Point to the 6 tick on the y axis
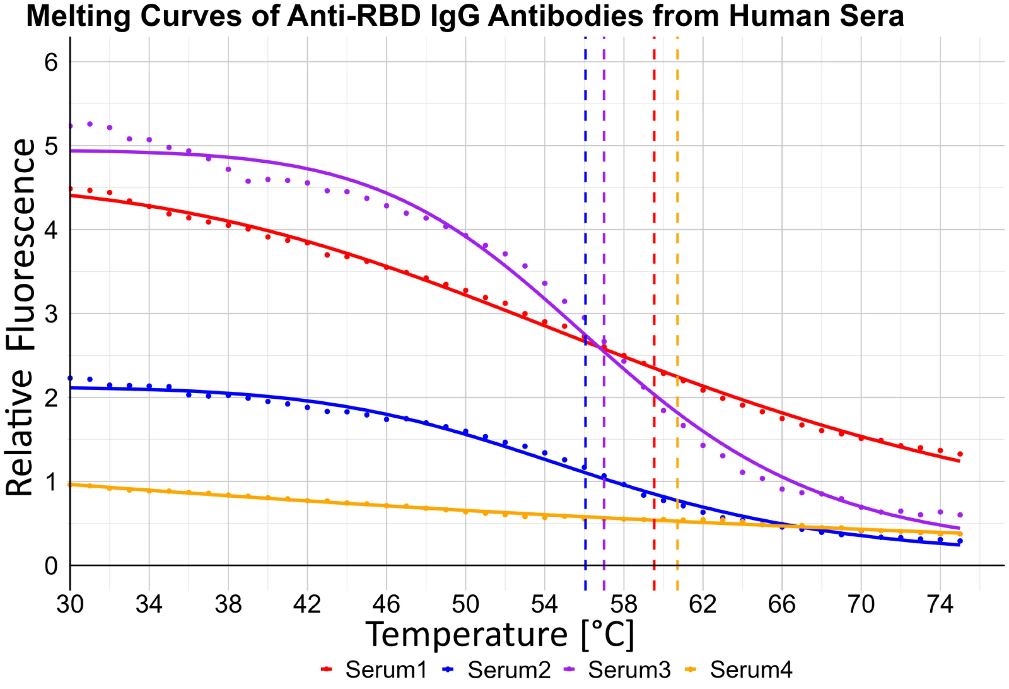pyautogui.click(x=51, y=62)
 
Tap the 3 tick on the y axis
pyautogui.click(x=51, y=314)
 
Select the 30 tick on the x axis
pyautogui.click(x=70, y=604)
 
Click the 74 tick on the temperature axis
pyautogui.click(x=940, y=604)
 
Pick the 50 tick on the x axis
pyautogui.click(x=465, y=604)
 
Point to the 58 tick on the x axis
pyautogui.click(x=623, y=604)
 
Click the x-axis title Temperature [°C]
pyautogui.click(x=500, y=635)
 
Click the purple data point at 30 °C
pyautogui.click(x=70, y=126)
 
